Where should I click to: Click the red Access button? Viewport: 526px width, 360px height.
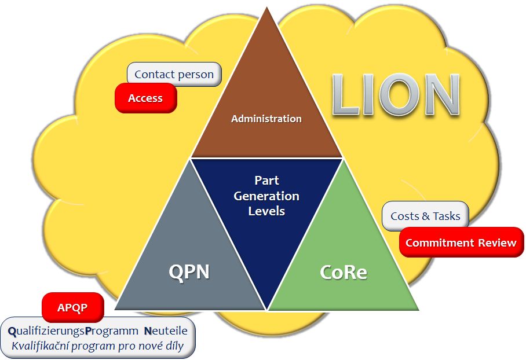coord(145,98)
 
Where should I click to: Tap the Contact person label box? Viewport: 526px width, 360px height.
coord(174,74)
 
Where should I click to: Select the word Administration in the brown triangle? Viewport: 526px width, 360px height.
coord(266,119)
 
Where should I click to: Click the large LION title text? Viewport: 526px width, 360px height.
coord(396,94)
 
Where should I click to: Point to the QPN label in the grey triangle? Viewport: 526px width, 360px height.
coord(189,271)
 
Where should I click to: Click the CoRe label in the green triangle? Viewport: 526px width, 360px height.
coord(343,272)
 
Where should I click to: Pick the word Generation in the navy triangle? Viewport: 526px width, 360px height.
coord(266,196)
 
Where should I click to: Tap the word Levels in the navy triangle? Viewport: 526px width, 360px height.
coord(266,211)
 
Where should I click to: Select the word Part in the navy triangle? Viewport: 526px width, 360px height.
coord(266,181)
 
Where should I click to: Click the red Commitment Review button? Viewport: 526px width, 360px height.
coord(461,243)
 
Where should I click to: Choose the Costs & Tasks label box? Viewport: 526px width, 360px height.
coord(425,216)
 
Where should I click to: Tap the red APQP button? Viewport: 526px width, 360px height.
coord(73,307)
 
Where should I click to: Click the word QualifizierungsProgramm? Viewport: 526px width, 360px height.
coord(73,331)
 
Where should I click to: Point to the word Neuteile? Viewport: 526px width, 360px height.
coord(166,331)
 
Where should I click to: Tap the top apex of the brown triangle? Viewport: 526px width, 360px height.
coord(266,8)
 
